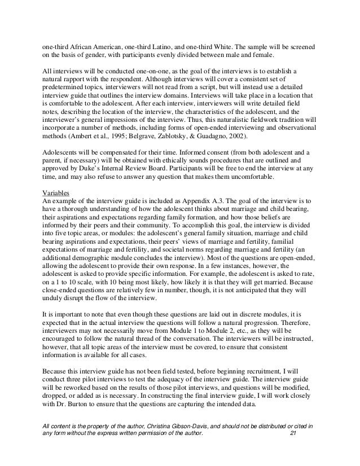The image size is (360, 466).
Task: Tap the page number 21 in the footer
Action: coord(292,448)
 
